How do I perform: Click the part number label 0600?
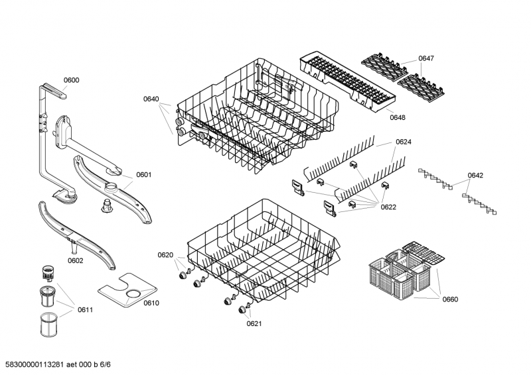pos(71,80)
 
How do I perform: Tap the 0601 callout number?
pos(144,175)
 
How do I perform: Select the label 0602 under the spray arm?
pos(75,260)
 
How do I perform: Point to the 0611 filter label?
pos(85,309)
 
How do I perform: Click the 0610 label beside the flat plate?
pos(151,303)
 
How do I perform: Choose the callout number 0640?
pos(151,99)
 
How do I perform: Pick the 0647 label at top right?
pos(426,59)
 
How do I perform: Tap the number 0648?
pos(398,117)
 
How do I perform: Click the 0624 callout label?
pos(404,142)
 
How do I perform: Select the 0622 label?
pos(388,207)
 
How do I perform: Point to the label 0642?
pos(475,176)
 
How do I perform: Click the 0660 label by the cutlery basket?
pos(449,299)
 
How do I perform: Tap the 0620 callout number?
pos(165,255)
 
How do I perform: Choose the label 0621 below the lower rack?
pos(254,323)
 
